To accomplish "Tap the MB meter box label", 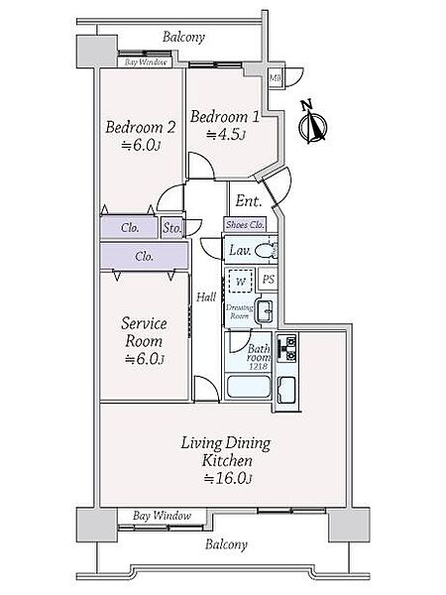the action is [x=275, y=78].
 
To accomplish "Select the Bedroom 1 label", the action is [x=225, y=117].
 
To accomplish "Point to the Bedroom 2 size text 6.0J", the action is [x=142, y=145].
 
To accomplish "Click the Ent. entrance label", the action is [x=249, y=200].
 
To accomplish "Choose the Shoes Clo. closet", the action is [x=245, y=225].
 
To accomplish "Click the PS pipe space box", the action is [x=269, y=280].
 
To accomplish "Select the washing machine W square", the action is [x=241, y=282].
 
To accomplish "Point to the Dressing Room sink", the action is [x=265, y=310].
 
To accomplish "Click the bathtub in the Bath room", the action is [x=248, y=387].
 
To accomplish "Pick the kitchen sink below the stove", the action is [x=286, y=390].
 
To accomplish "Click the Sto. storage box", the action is [x=172, y=228].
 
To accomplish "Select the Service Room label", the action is [x=144, y=332].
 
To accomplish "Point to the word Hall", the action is [x=206, y=297].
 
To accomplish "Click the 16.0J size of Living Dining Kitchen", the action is [x=228, y=478].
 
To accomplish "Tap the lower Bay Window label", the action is [x=162, y=516].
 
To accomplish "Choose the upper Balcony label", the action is [x=183, y=37].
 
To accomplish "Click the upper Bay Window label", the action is [x=146, y=62].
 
